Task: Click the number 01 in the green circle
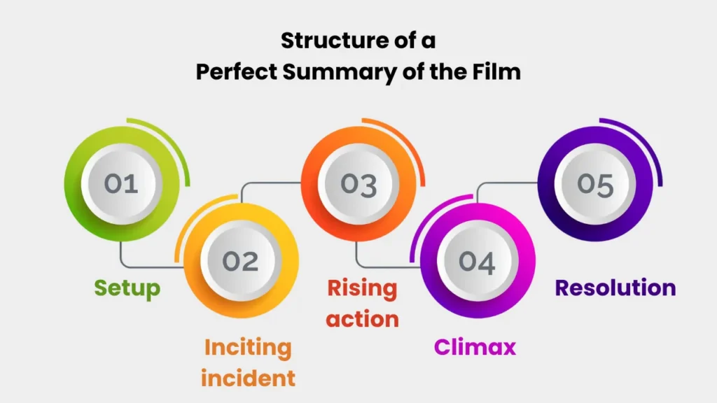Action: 120,184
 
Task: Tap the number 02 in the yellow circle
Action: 240,261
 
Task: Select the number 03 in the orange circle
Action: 358,184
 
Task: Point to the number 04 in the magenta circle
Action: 477,261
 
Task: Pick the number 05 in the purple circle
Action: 595,184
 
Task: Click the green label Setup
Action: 127,288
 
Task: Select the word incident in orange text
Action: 248,378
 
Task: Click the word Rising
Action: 363,288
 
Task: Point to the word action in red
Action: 363,319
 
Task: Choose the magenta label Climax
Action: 475,346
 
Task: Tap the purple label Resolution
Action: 615,288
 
